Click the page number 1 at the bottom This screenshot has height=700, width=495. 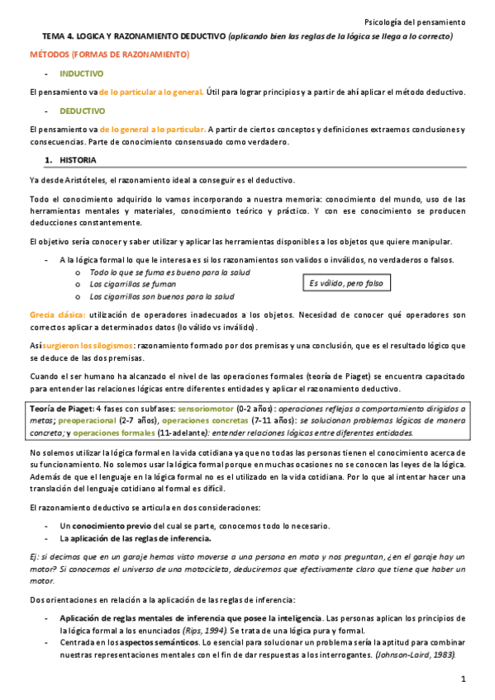[x=464, y=679]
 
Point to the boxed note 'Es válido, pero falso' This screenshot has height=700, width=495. [x=347, y=283]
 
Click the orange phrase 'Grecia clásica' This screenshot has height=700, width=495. [x=56, y=315]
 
